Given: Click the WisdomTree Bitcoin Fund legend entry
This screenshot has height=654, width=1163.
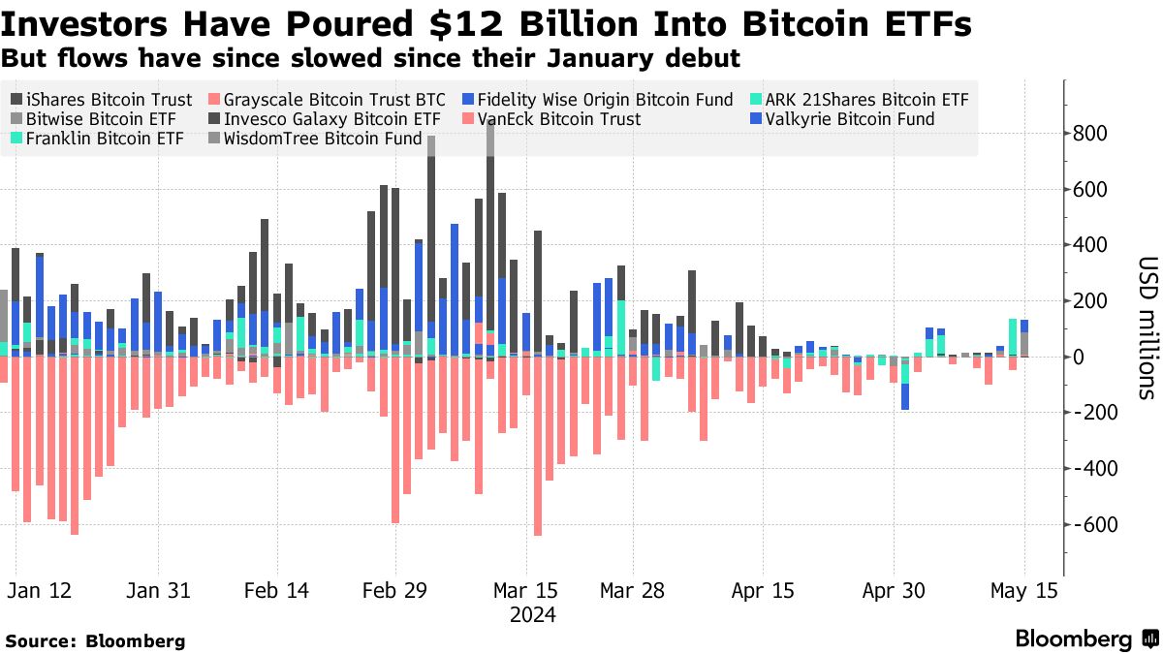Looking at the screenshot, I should pos(322,139).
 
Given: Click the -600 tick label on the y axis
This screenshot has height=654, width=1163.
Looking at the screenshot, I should pos(1090,525).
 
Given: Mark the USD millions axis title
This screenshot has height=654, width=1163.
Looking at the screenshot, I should pos(1147,328).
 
